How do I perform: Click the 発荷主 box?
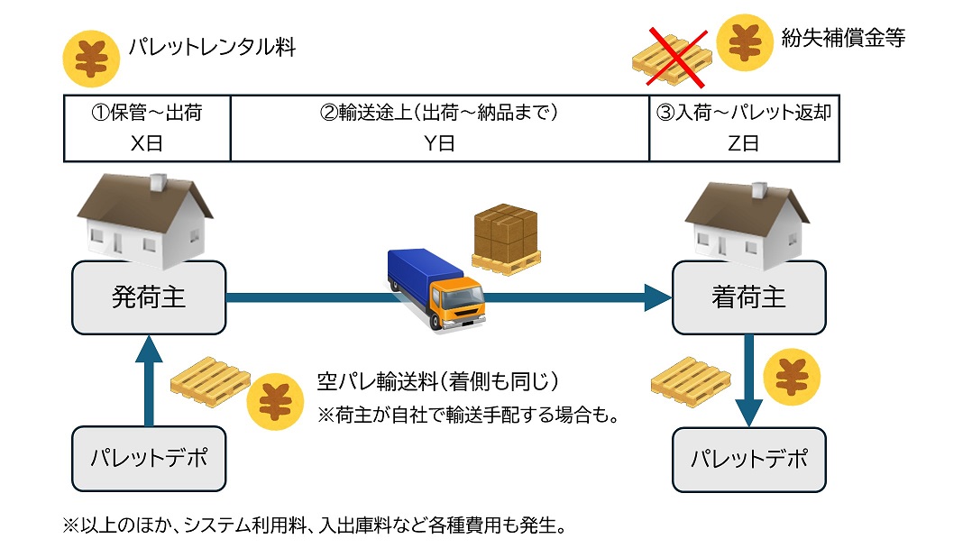[x=149, y=297]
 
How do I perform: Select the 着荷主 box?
[x=748, y=297]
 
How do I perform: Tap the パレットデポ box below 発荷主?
[x=149, y=458]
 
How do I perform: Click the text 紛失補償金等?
[x=843, y=39]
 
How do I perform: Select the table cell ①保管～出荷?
[x=147, y=128]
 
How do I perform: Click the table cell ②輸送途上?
[x=439, y=128]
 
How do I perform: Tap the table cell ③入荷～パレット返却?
[x=744, y=128]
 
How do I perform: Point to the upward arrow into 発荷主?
[x=149, y=379]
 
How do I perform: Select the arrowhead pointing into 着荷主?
[x=658, y=297]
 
